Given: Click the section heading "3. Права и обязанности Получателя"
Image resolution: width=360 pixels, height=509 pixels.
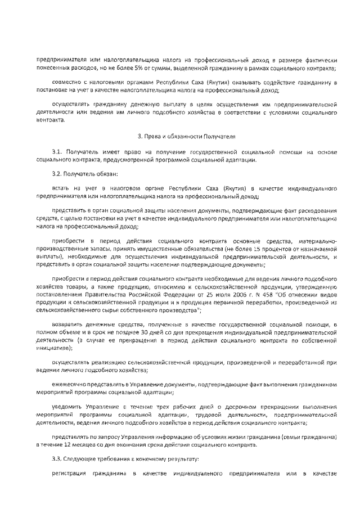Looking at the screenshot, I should pos(179,136).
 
